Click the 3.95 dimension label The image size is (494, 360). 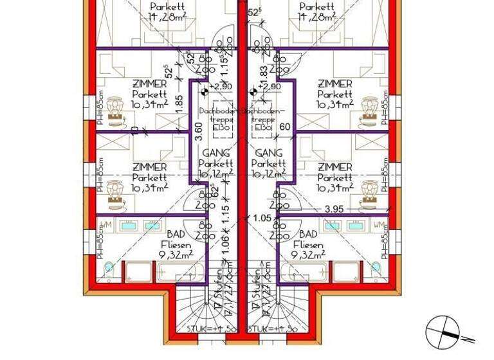tap(334, 209)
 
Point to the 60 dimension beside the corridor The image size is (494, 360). tap(284, 127)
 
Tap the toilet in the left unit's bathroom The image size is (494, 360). tap(107, 267)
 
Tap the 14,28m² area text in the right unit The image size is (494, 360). tap(311, 17)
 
